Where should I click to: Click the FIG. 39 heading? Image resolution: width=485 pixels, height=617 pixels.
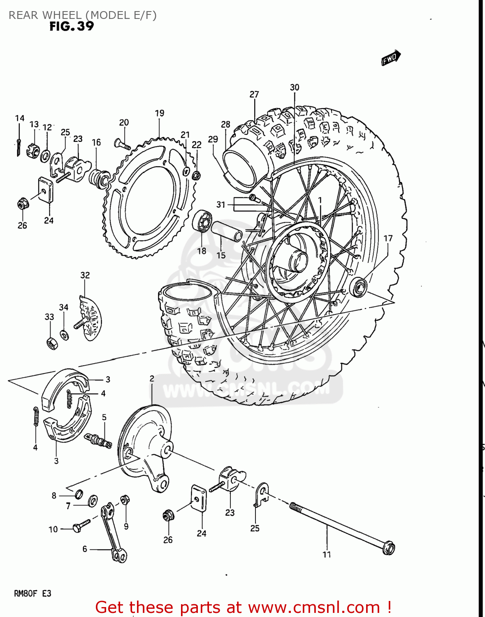tap(72, 26)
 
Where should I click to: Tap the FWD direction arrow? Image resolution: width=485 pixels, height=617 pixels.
tap(390, 58)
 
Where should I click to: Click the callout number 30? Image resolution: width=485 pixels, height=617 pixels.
tap(295, 87)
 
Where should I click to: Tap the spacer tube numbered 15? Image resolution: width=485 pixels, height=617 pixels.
tap(227, 232)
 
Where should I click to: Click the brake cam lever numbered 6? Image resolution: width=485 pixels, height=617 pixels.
tap(113, 533)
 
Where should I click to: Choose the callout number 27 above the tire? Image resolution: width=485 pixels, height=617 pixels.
tap(254, 94)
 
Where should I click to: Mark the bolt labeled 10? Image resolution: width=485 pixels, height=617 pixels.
tap(81, 526)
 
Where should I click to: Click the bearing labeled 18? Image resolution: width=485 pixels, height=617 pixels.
tap(202, 221)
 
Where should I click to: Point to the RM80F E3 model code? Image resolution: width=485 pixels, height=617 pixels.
tap(32, 594)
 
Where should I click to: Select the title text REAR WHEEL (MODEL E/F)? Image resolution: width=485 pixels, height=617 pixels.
tap(82, 15)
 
